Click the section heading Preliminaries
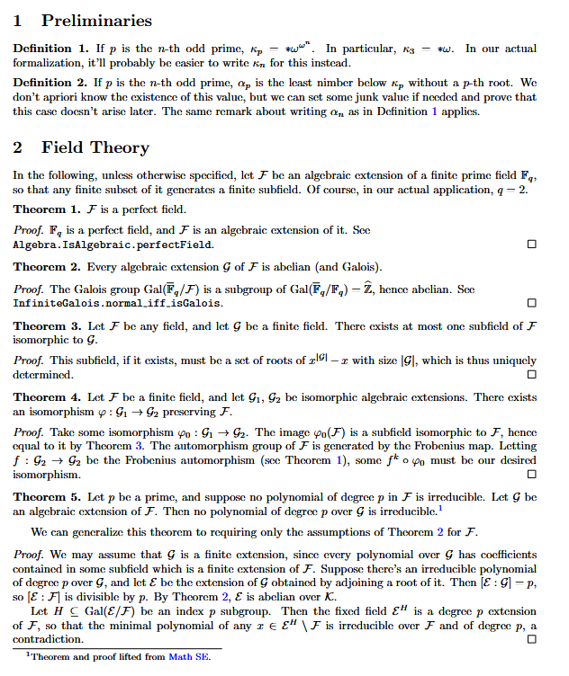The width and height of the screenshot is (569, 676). (96, 20)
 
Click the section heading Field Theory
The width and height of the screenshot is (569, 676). (95, 147)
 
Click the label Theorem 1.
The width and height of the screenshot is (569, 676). (45, 209)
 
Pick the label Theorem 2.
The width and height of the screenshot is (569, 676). (45, 267)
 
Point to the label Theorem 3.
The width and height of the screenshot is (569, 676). (45, 326)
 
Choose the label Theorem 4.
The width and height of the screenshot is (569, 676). (45, 397)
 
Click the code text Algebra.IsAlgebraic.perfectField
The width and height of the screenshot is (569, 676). (113, 245)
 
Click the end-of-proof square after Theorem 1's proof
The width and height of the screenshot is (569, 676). (531, 245)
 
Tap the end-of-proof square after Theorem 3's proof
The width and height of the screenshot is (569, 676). (531, 374)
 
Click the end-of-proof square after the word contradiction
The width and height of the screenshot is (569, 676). (531, 638)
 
